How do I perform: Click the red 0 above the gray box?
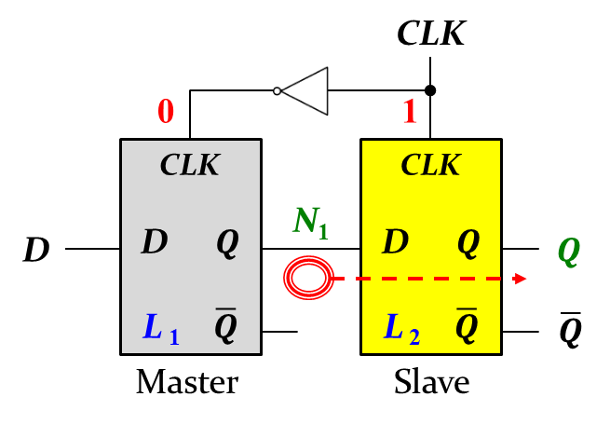pos(165,112)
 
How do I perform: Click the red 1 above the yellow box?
pos(409,112)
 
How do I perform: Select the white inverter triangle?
pos(308,91)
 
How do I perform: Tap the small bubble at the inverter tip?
pos(277,91)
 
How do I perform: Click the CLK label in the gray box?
pos(189,165)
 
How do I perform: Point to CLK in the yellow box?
pos(430,165)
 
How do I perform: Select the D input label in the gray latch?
pos(154,242)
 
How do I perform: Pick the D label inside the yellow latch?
pos(395,242)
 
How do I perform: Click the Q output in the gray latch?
pos(227,243)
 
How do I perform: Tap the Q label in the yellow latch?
pos(468,243)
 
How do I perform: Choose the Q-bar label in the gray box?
pos(226,326)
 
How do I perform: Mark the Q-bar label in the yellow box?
pos(467,326)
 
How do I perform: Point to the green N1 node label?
pos(310,222)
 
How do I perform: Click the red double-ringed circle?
pos(308,278)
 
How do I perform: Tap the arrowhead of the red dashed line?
pos(521,278)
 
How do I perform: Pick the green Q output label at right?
pos(568,252)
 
